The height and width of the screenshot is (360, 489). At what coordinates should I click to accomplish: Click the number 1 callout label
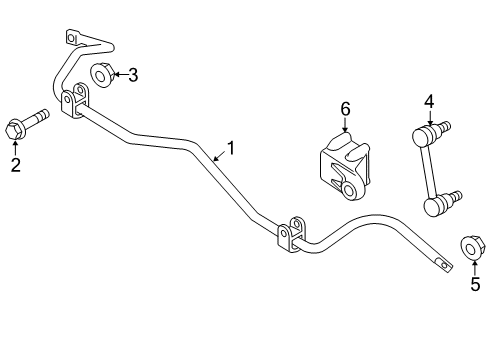coord(231,148)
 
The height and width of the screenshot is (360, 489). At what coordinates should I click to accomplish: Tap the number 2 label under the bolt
coord(15,165)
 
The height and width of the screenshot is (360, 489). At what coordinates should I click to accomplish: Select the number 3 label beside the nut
coord(133,73)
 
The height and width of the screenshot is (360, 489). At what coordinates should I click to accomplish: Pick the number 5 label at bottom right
coord(475,285)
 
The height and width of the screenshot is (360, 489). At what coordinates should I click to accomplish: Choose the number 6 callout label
coord(345,107)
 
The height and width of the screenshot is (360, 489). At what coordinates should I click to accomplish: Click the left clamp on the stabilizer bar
coord(75,104)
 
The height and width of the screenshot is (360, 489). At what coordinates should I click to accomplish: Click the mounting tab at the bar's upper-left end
coord(73,38)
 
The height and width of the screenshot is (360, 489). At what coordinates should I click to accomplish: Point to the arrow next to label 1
coord(216,155)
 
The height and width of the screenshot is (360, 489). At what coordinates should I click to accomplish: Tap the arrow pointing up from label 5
coord(474,267)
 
